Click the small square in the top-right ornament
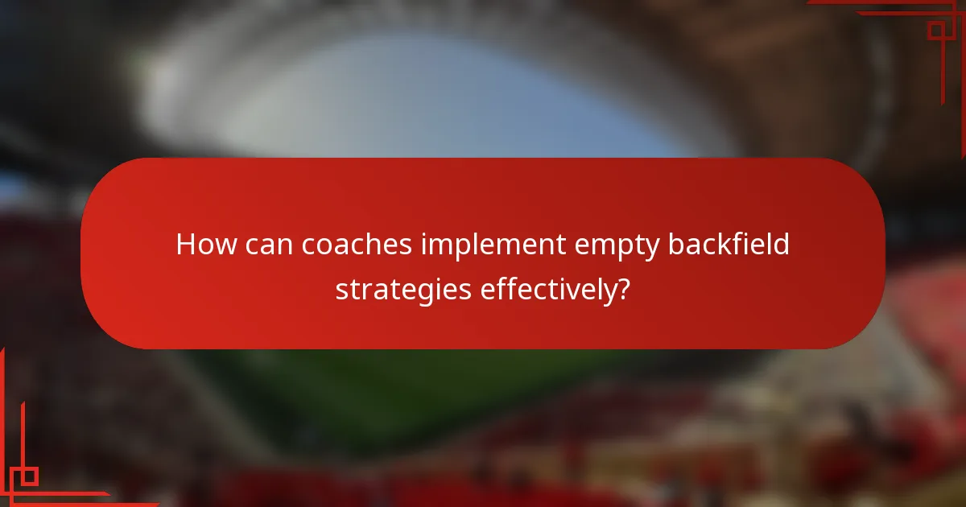point(936,31)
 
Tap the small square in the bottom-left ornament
point(29,476)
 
